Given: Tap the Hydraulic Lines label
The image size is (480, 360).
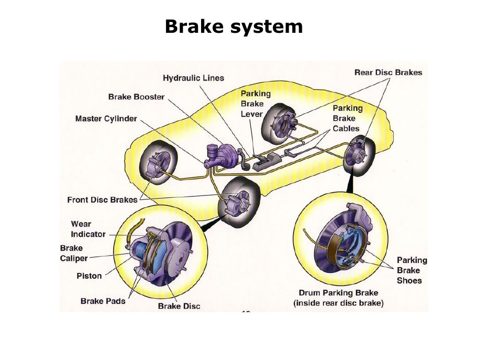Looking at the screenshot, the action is pyautogui.click(x=193, y=78).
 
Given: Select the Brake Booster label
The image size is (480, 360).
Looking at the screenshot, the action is pyautogui.click(x=136, y=97).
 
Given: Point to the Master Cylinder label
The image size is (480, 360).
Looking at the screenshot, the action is pyautogui.click(x=106, y=119).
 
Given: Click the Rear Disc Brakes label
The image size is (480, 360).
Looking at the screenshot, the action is pyautogui.click(x=388, y=72).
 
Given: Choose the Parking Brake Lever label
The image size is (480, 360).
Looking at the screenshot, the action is pyautogui.click(x=255, y=104).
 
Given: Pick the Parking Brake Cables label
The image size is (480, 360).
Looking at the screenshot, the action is pyautogui.click(x=347, y=118).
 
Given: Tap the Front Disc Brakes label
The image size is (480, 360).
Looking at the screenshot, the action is pyautogui.click(x=102, y=200).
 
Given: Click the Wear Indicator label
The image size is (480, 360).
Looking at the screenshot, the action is pyautogui.click(x=88, y=229).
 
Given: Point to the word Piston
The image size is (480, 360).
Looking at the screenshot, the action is pyautogui.click(x=89, y=276).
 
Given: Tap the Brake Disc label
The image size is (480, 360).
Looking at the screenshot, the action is pyautogui.click(x=179, y=306).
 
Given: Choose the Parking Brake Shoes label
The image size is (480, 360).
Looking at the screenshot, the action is pyautogui.click(x=412, y=270).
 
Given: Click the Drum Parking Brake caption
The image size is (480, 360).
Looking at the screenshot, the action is pyautogui.click(x=338, y=298).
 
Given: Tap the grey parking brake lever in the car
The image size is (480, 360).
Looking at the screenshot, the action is pyautogui.click(x=265, y=162).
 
